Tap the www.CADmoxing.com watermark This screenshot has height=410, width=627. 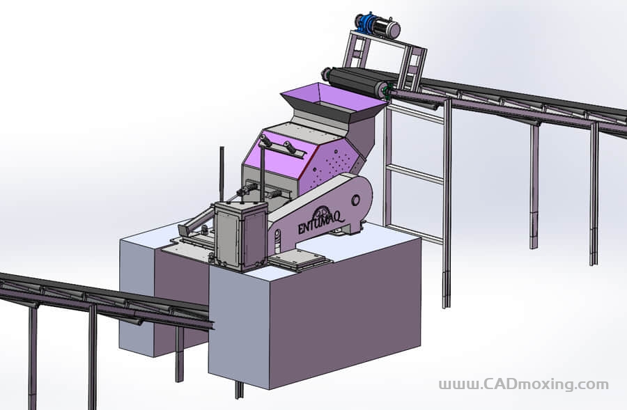[524, 384]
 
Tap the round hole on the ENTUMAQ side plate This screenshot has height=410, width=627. [355, 200]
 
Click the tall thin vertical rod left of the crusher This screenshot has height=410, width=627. [222, 175]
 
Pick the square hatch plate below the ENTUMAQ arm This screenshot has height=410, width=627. [300, 260]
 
